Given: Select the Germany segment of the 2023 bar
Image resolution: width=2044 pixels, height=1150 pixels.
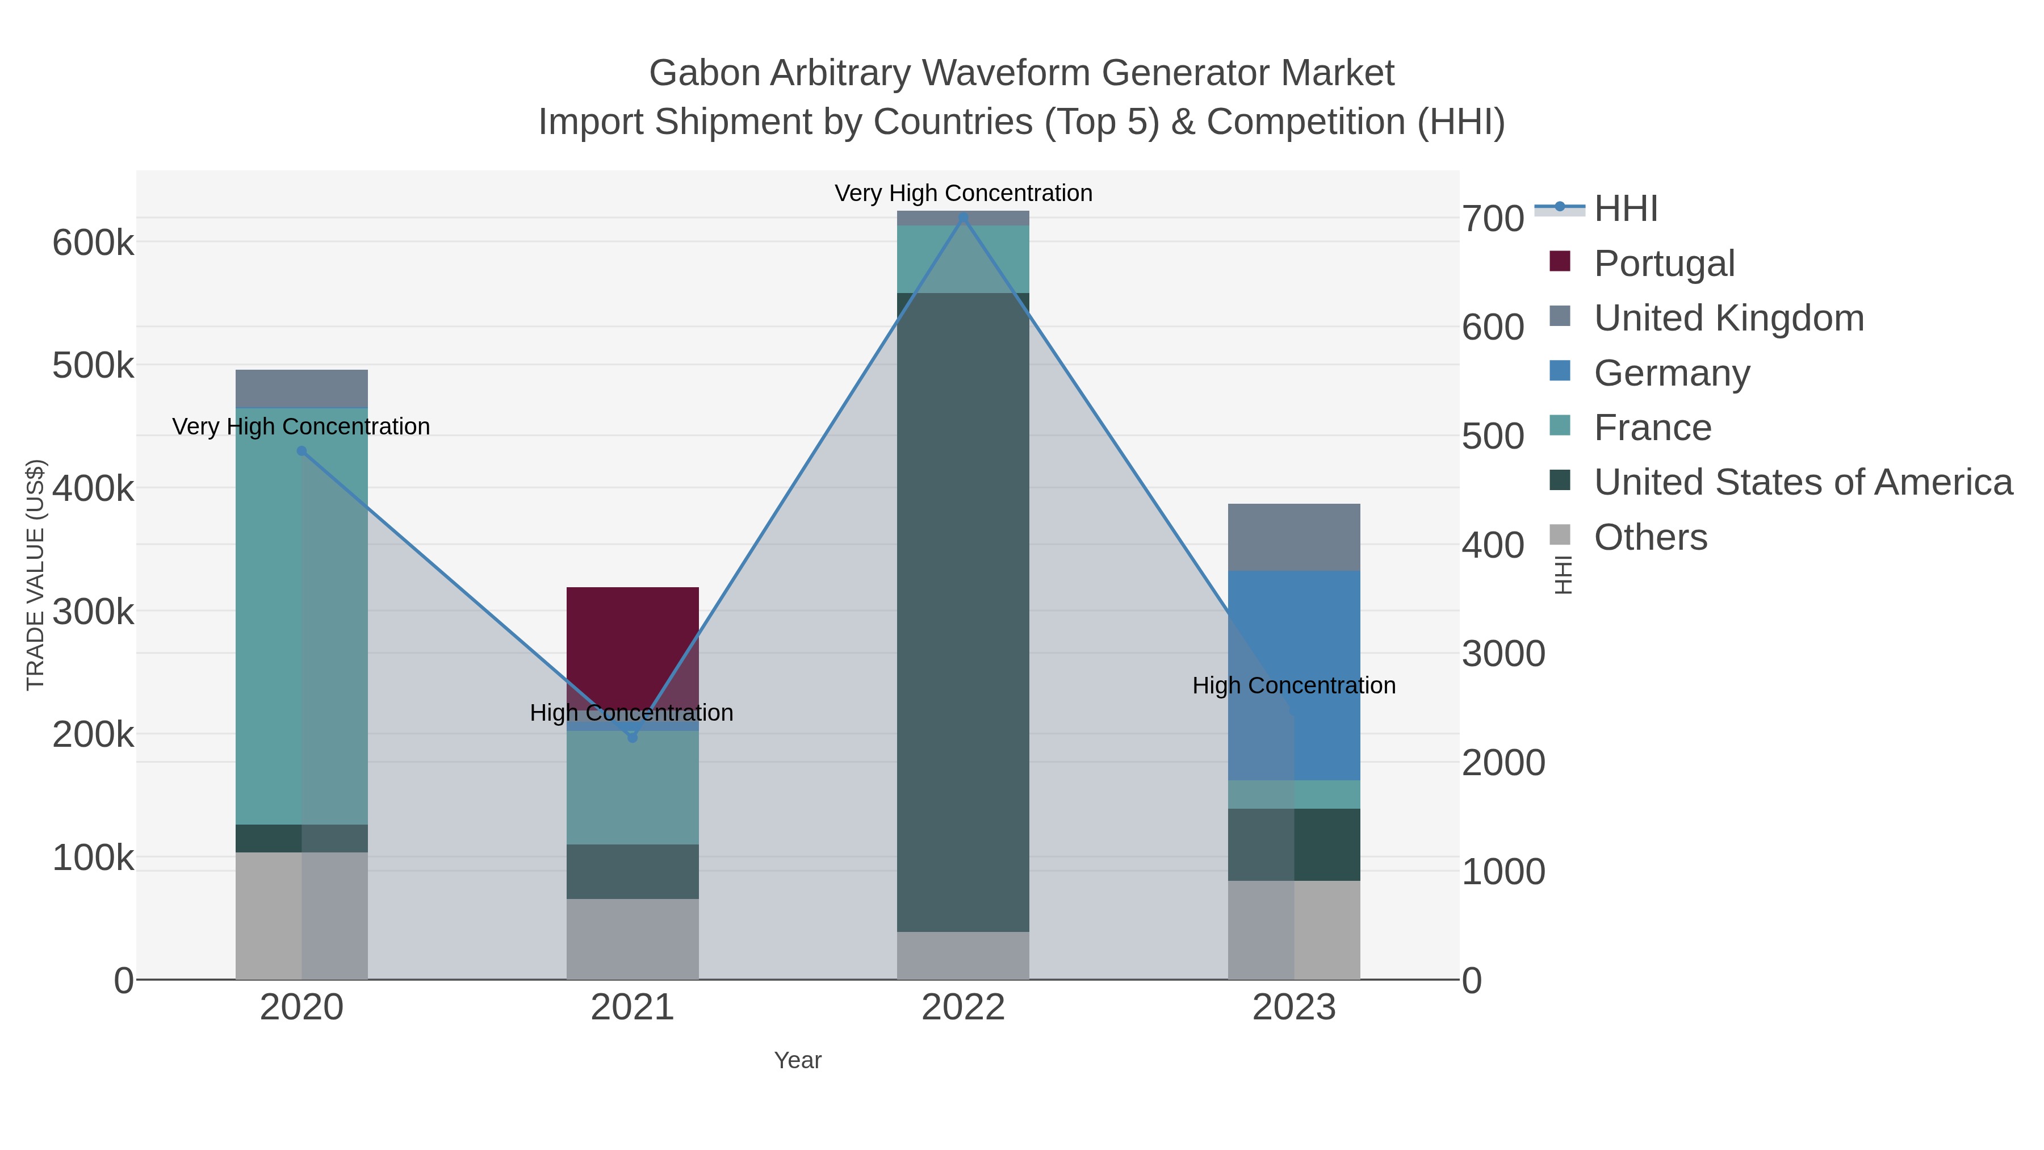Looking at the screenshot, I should (x=1293, y=675).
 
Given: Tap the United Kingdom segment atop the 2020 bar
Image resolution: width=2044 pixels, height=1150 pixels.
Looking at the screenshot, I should (x=301, y=388).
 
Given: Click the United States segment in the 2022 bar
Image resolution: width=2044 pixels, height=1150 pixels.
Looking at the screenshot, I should (x=962, y=611).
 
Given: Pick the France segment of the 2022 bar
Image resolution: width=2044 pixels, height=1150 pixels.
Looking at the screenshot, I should (x=962, y=259).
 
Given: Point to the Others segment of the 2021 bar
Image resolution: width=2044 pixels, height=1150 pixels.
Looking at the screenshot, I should (x=633, y=938).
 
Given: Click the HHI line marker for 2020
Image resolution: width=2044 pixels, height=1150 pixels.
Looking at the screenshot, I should (x=301, y=451).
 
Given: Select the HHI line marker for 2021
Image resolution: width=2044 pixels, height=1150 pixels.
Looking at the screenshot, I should (x=633, y=737).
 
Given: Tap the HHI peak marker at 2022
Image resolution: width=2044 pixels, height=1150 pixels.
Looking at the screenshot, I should (x=964, y=217).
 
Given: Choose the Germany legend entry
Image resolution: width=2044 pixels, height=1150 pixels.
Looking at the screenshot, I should (x=1671, y=372).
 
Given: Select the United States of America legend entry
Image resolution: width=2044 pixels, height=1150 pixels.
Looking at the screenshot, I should (x=1802, y=482).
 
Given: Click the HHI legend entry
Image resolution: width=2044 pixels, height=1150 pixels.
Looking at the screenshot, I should (x=1625, y=208).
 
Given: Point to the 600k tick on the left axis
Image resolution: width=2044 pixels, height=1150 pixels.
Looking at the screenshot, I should (x=93, y=243).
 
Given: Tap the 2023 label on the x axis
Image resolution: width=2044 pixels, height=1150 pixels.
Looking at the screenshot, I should (x=1293, y=1007).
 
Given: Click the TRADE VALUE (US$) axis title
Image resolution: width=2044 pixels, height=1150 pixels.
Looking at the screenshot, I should (x=36, y=575).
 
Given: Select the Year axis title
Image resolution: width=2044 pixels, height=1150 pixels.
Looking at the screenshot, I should (x=798, y=1060).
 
